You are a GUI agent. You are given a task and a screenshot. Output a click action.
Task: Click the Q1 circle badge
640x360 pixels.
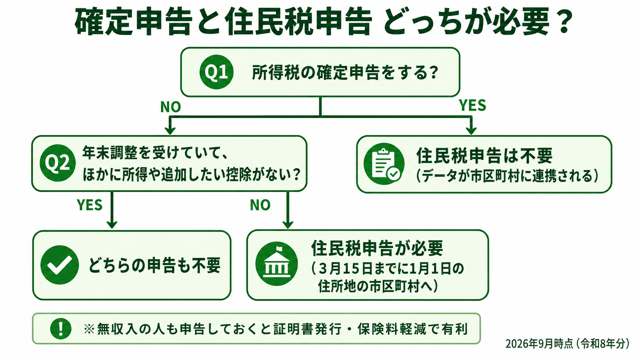coord(216,72)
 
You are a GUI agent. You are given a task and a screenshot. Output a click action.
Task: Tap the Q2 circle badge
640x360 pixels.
coord(58,163)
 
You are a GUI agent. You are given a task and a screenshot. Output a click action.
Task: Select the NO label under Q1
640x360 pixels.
coord(171,107)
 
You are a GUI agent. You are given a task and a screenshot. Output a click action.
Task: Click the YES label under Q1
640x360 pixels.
coord(472,105)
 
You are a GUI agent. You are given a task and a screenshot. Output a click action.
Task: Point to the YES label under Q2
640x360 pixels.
coord(90,205)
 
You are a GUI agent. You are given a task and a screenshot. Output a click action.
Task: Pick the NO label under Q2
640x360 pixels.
coord(260,205)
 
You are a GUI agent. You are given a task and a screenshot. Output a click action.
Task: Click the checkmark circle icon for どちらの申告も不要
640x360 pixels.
coord(60,265)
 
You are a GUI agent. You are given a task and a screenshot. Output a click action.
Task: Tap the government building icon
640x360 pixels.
coord(277,264)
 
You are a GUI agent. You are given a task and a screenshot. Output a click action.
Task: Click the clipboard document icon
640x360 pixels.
coord(384,164)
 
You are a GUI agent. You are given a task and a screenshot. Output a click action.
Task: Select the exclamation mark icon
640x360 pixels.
coord(60,329)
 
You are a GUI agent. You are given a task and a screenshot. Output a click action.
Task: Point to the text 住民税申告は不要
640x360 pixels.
coord(484,156)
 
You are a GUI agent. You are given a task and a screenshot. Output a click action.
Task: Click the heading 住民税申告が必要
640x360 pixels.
coord(377,248)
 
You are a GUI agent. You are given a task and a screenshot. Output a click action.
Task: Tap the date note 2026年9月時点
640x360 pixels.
coord(539,344)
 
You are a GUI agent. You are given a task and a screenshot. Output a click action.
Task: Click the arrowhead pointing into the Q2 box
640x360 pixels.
coord(170,130)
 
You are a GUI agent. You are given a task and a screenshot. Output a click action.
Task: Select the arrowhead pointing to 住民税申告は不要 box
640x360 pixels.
coord(471,130)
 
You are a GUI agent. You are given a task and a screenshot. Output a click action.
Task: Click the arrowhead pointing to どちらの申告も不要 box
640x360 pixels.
coord(112,225)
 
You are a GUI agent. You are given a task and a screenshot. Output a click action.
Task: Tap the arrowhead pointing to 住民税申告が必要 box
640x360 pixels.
coord(288,225)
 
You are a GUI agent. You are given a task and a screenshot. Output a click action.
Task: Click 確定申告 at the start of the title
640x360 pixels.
coord(132,22)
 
